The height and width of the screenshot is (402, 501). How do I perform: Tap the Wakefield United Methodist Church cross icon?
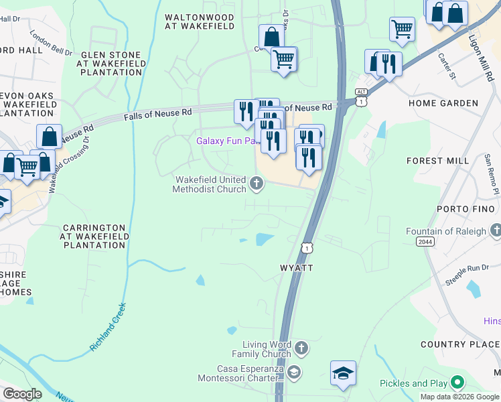tap(256, 183)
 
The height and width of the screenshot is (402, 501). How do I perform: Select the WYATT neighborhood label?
tap(296, 267)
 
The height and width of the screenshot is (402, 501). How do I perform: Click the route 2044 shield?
tap(425, 241)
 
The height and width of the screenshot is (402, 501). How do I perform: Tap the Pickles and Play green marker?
tap(457, 383)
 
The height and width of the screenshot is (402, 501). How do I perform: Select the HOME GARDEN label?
tap(443, 103)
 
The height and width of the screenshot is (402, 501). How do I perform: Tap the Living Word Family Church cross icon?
tap(301, 348)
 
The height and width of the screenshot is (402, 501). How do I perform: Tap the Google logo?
tap(21, 394)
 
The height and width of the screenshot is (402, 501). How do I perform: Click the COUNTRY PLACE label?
tap(460, 344)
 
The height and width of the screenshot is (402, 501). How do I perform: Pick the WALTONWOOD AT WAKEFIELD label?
tap(200, 21)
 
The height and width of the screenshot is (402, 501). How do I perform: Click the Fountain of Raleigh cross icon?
tap(495, 231)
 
